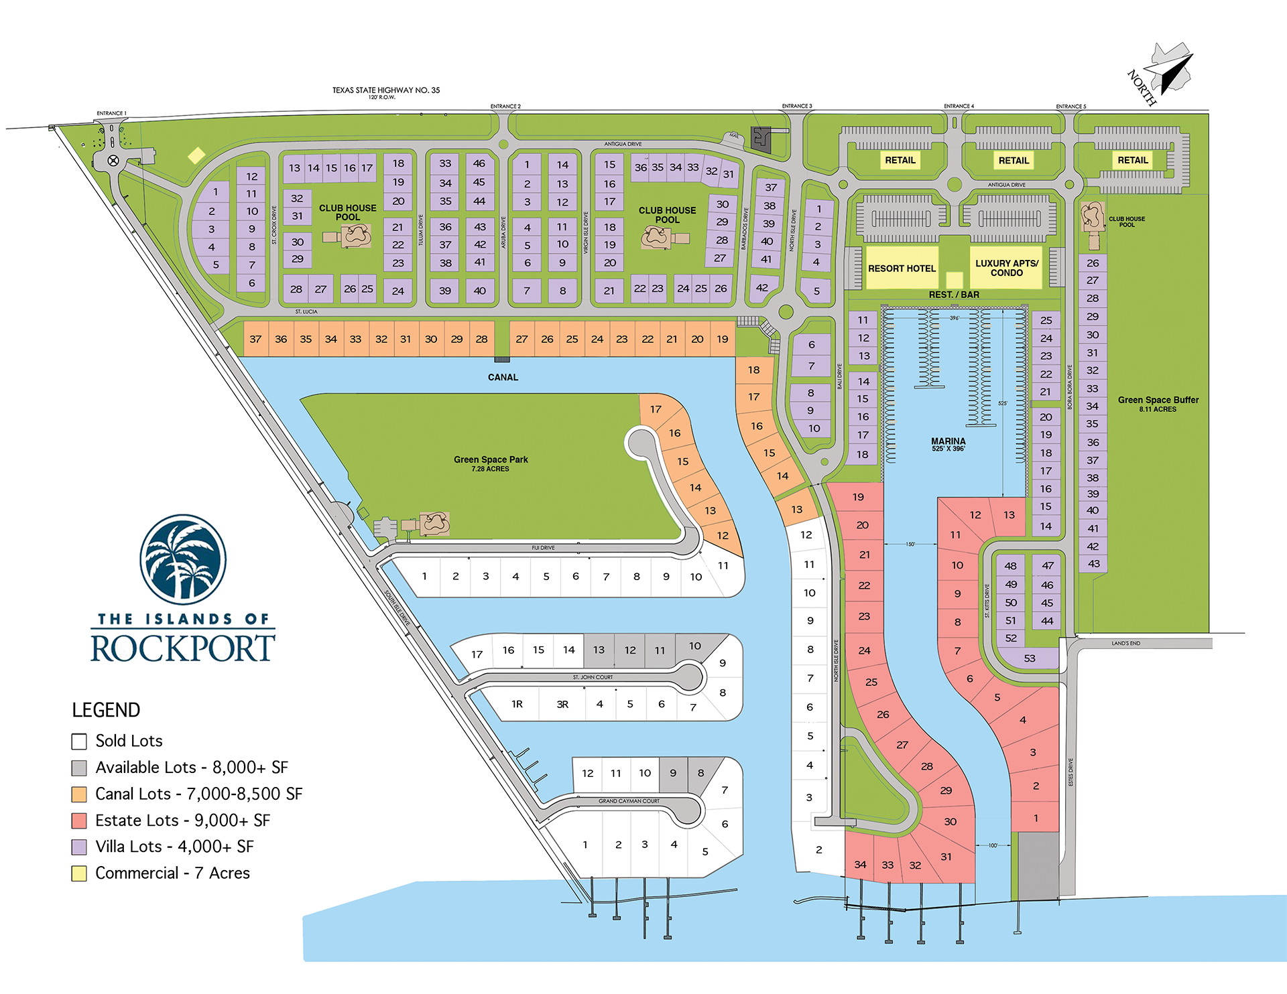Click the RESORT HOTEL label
pos(902,269)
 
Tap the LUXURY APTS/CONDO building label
pos(1006,268)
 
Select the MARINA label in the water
pos(948,443)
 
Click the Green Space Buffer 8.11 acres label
pos(1158,403)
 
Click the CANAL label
pos(503,377)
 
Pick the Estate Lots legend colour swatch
pos(79,821)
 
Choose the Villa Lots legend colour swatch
pos(79,847)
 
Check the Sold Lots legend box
pos(79,741)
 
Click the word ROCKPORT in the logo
pos(182,648)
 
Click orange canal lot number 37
pos(255,339)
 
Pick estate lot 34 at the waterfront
pos(860,865)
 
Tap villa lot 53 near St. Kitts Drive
pos(1029,658)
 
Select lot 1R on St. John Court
pos(517,704)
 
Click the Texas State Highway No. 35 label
pos(386,90)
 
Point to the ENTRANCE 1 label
pos(111,113)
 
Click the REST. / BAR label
pos(953,295)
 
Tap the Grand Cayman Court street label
pos(629,801)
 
